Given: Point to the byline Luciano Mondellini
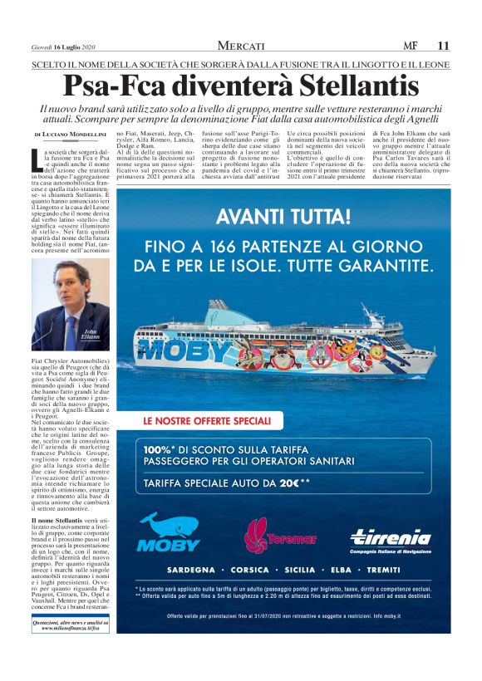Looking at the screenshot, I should pos(73,134).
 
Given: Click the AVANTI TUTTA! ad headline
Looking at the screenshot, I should pos(295,218).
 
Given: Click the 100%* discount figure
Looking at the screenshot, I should pos(161,449).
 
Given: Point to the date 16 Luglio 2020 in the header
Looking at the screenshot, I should pos(76,47).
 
